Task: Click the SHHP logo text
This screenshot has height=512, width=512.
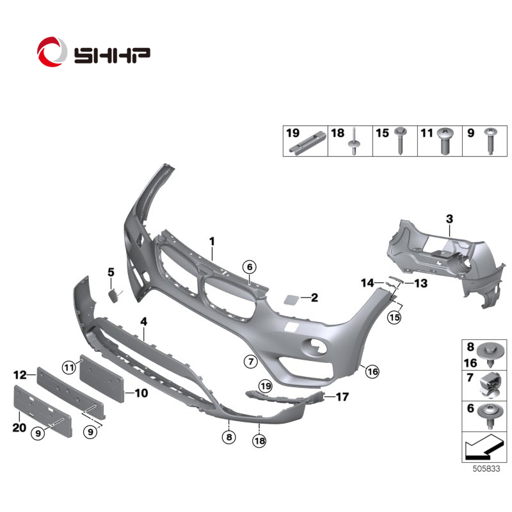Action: [x=113, y=56]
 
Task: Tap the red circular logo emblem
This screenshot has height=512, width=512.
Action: [x=52, y=52]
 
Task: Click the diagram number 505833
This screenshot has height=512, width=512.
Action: [x=486, y=468]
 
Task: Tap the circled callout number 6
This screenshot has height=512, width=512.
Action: [x=250, y=267]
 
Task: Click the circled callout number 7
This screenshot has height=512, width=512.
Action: [x=251, y=362]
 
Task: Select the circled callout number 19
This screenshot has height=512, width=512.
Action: [x=266, y=387]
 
